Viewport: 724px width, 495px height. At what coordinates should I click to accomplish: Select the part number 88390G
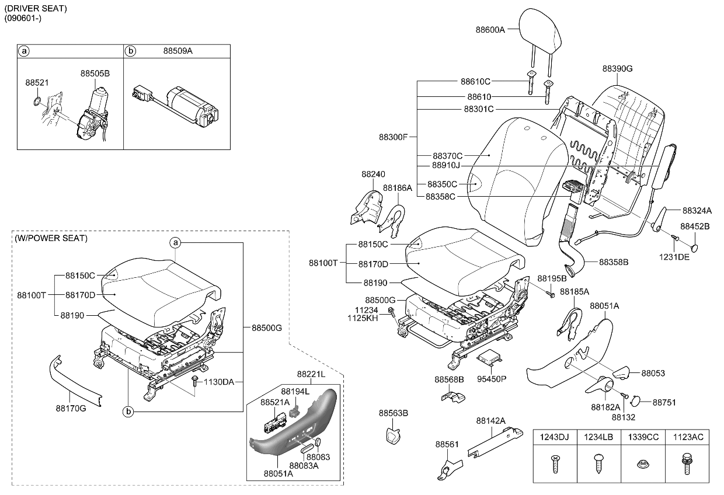click(617, 68)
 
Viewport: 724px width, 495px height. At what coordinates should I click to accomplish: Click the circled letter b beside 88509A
click(131, 51)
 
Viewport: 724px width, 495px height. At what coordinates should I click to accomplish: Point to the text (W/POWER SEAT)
click(51, 238)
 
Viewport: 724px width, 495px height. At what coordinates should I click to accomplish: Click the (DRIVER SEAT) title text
click(36, 9)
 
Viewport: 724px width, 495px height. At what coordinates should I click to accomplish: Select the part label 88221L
click(311, 374)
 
